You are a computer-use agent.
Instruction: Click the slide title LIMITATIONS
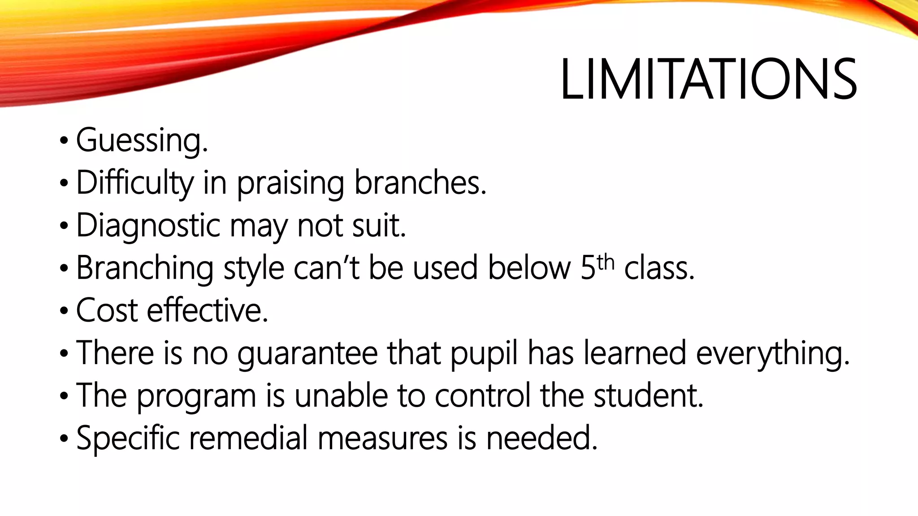point(708,80)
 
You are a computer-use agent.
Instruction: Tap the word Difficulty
point(135,183)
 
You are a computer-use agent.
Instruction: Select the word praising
point(290,183)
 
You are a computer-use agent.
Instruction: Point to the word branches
point(420,183)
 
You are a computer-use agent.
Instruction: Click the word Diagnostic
point(148,225)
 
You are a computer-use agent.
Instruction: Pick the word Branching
point(144,268)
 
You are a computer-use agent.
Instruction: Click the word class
point(659,268)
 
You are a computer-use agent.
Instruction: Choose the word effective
point(208,310)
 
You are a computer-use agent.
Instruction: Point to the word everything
point(772,353)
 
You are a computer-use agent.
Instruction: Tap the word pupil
point(484,353)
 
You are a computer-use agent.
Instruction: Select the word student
point(648,395)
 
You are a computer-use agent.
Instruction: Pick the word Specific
point(128,438)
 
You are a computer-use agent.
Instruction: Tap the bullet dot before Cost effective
point(63,311)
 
